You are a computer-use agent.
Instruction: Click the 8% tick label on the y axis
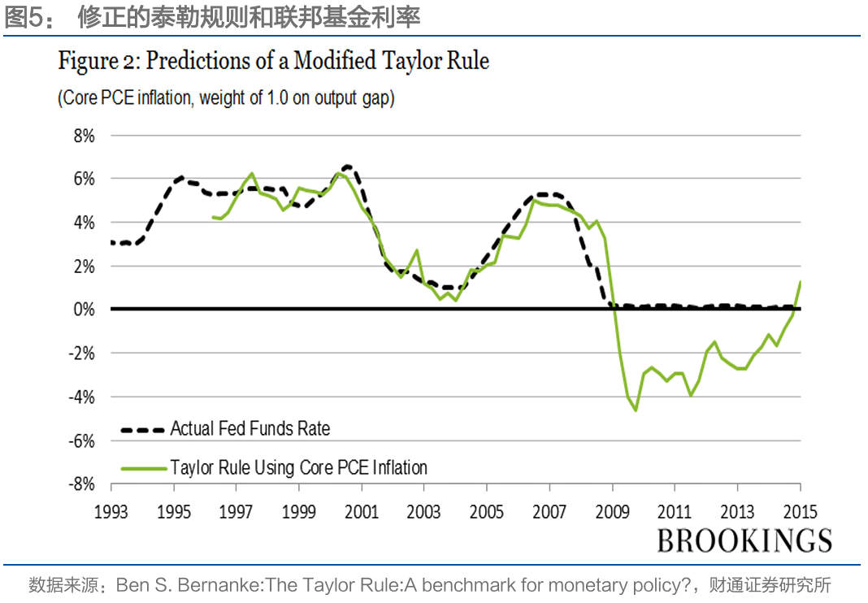coord(85,136)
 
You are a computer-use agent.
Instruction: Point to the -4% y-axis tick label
coord(81,397)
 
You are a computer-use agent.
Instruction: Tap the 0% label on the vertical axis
coord(85,310)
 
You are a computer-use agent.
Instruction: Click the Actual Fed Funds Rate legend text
coord(250,428)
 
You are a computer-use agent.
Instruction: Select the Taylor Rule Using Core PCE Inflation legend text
coord(298,467)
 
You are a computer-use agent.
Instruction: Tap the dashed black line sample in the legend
coord(141,429)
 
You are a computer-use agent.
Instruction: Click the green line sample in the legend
coord(141,468)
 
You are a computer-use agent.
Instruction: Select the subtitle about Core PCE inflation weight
coord(226,99)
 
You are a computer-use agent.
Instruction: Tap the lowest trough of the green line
coord(636,410)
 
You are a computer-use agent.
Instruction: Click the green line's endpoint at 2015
coord(801,282)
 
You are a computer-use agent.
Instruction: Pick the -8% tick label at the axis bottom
coord(81,484)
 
